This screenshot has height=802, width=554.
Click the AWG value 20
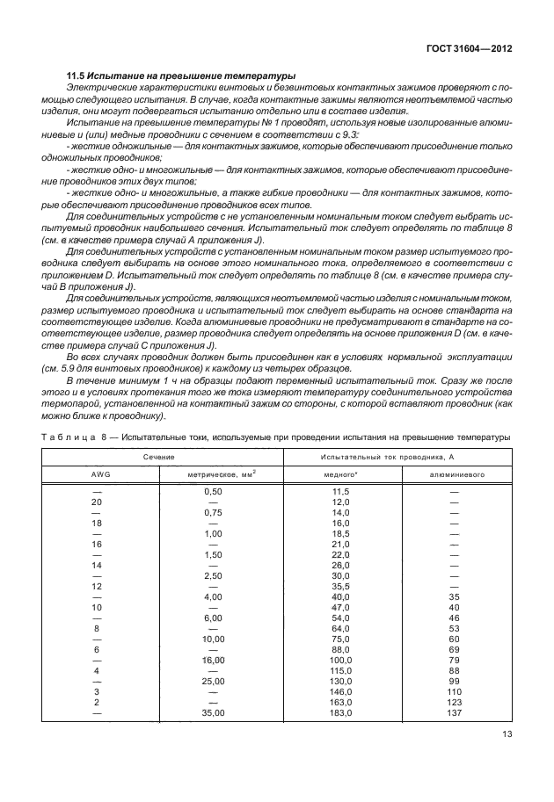point(96,501)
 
